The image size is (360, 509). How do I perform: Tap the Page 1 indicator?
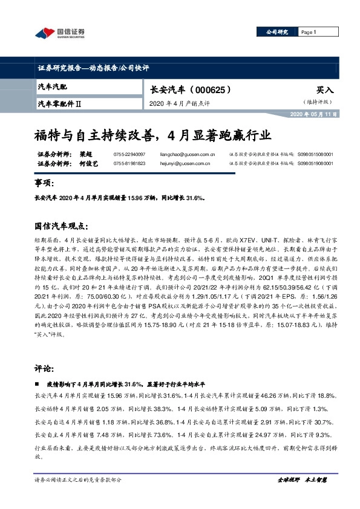click(309, 31)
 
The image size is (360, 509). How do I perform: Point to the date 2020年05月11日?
click(313, 114)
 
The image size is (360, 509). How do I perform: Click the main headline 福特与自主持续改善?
click(152, 133)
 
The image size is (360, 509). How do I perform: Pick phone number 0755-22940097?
click(129, 154)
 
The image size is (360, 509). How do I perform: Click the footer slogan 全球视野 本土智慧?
click(302, 479)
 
